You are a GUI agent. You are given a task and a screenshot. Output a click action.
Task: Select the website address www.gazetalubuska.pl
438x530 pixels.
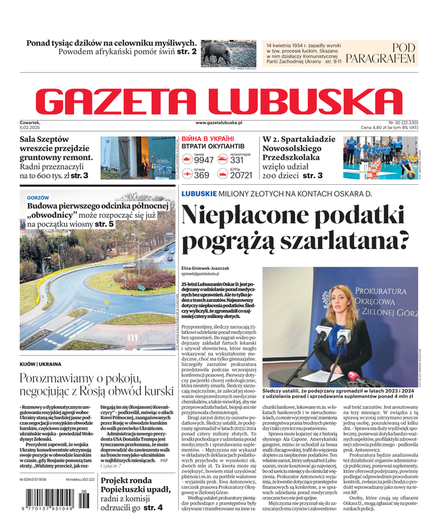point(219,123)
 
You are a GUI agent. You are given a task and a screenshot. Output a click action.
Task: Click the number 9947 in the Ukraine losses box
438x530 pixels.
point(203,160)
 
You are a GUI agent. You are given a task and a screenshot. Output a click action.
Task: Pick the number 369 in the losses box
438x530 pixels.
point(201,176)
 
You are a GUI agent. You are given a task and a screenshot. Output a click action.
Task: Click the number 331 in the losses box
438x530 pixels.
point(237,160)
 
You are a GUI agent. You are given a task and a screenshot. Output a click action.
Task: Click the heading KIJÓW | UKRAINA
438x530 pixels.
point(40,364)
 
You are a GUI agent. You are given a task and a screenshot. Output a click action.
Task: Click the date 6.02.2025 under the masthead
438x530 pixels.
point(31,129)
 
